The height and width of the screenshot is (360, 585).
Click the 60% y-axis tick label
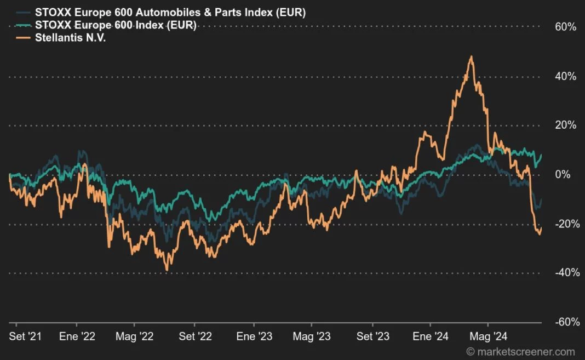click(566, 27)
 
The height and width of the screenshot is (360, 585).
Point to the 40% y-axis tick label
click(566, 76)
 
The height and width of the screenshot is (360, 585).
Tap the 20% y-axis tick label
click(566, 125)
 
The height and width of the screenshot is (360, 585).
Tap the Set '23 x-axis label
click(374, 336)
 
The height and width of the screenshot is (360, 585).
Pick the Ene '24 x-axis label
click(431, 336)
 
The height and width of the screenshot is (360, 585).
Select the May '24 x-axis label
click(487, 336)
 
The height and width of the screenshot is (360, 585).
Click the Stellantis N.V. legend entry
click(69, 38)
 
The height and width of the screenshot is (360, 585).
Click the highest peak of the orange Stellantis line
click(471, 56)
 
